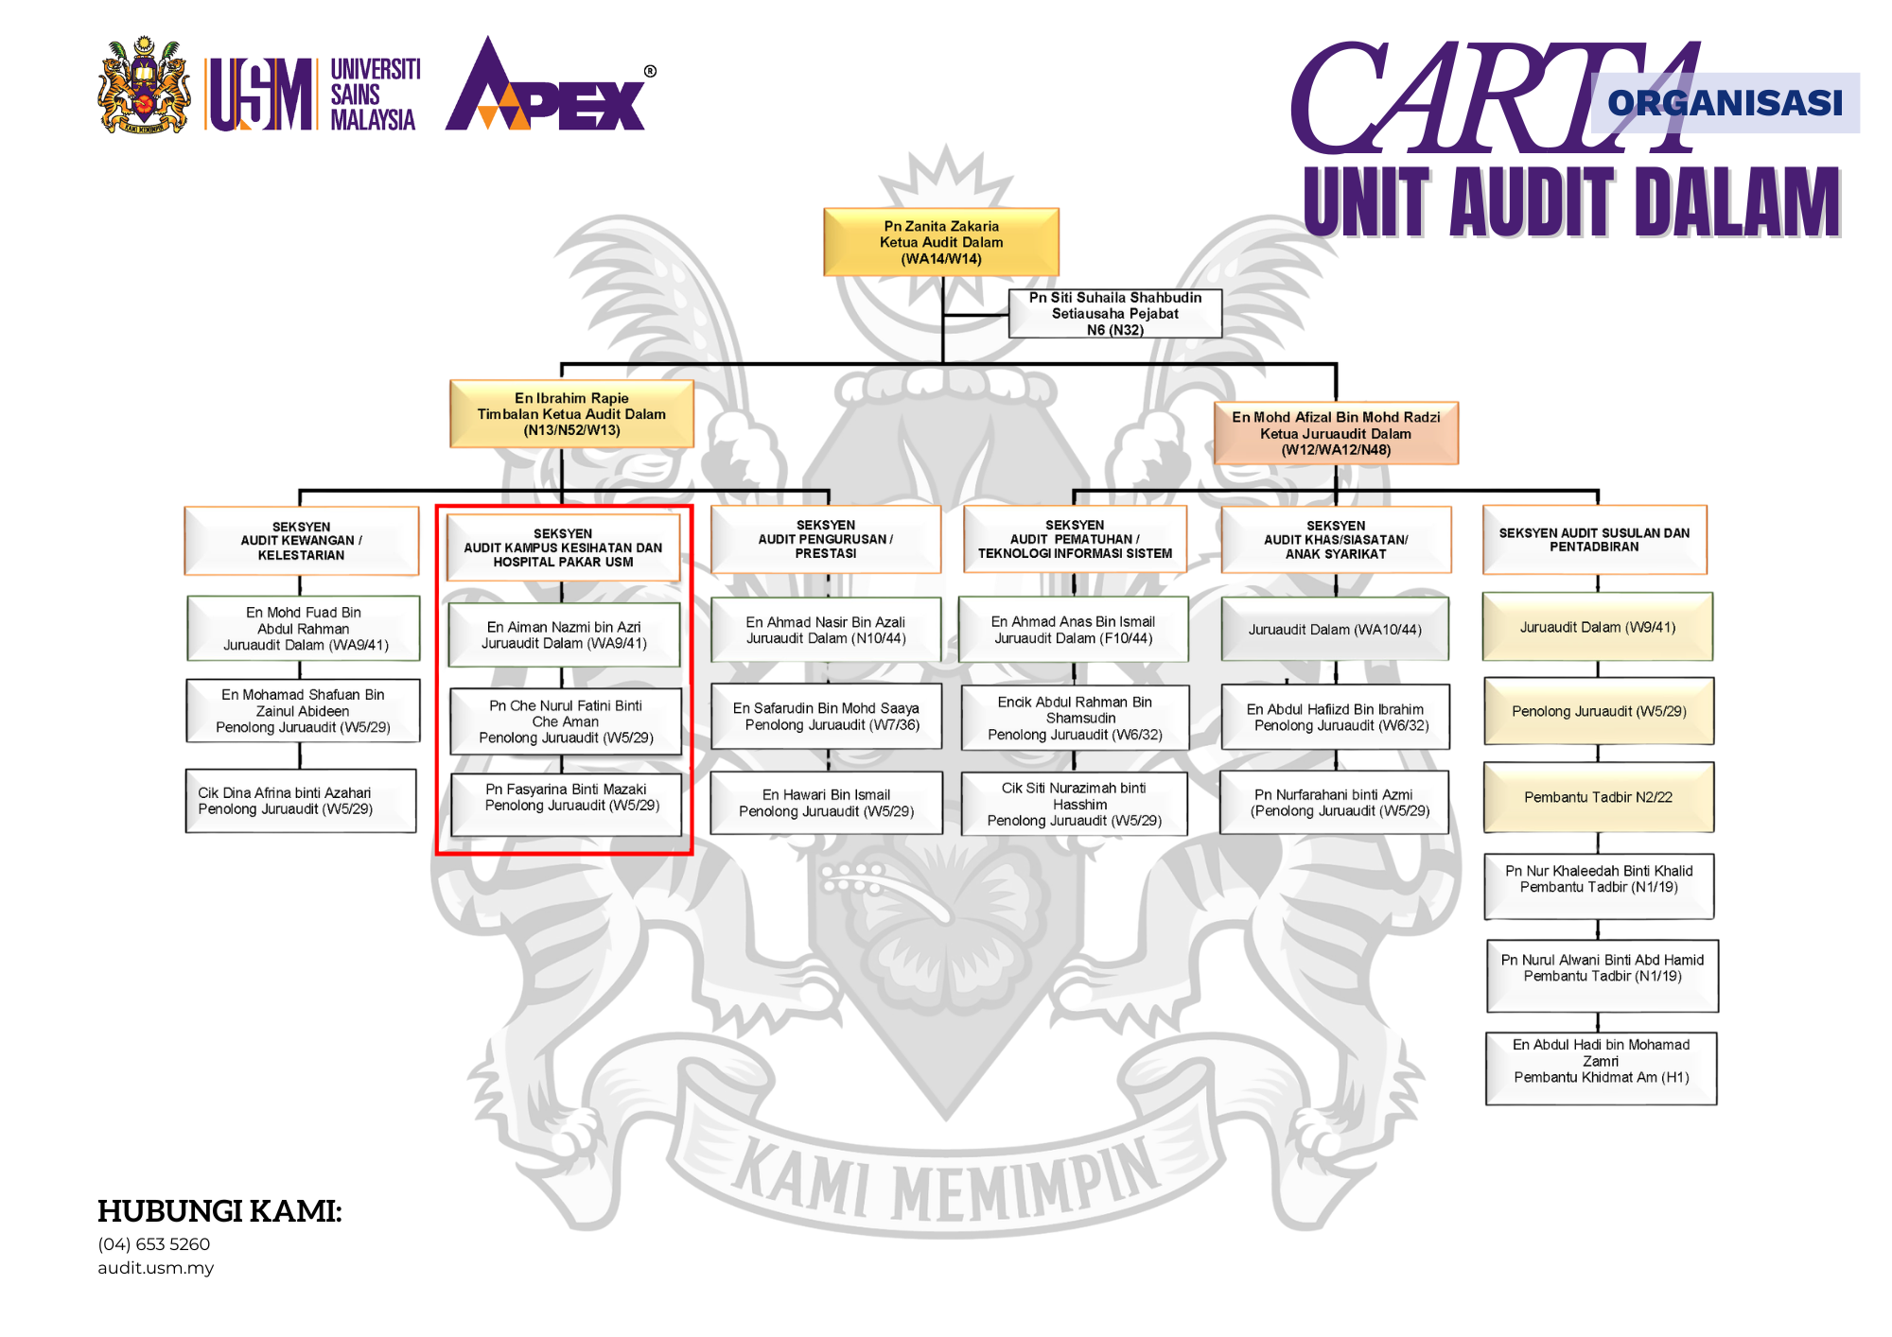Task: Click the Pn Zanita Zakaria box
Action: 941,242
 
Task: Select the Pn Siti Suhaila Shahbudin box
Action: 1115,313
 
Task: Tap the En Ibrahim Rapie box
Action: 571,414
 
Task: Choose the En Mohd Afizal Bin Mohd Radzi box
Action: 1336,433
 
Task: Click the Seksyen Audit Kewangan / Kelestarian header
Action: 301,541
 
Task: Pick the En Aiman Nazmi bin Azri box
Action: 564,634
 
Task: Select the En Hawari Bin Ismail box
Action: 826,803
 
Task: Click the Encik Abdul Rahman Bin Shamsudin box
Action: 1075,718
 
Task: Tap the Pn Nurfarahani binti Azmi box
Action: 1334,803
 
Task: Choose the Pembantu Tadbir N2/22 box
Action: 1598,797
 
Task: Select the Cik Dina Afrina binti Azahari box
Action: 301,801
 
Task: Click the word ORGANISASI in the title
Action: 1725,102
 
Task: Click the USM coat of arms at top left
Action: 144,87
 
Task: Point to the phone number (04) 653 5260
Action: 154,1244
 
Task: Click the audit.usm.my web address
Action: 156,1268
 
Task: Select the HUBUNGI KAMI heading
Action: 219,1210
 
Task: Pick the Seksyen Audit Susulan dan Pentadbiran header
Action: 1594,540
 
